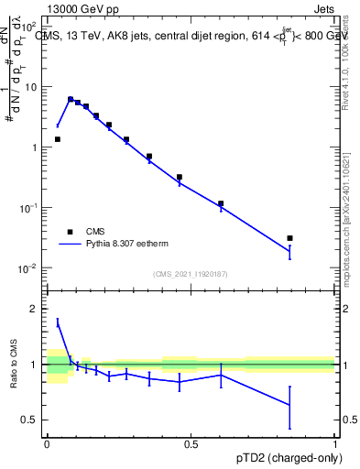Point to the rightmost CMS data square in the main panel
(x=289, y=238)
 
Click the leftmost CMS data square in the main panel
(x=58, y=139)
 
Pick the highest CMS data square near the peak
(x=71, y=99)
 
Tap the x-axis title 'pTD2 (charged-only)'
(x=288, y=457)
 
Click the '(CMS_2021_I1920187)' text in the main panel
(x=191, y=274)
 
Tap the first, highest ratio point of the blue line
(x=58, y=322)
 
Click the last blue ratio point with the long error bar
(x=289, y=404)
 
